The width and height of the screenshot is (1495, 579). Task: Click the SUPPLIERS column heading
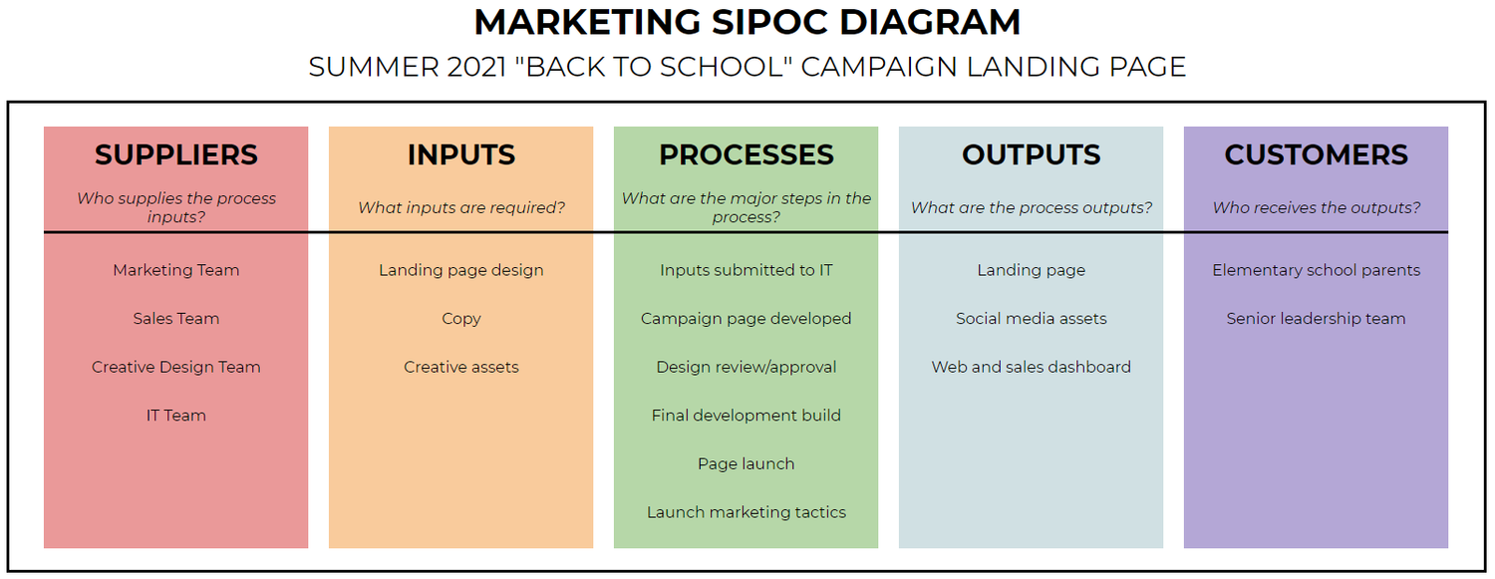176,155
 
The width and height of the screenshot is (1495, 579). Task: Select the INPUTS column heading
461,155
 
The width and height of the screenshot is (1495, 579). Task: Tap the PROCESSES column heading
747,155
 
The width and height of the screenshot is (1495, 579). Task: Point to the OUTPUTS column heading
1032,155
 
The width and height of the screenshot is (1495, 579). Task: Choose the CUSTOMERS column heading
1317,155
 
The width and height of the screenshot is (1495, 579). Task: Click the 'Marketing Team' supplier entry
176,270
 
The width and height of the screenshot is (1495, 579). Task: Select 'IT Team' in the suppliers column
176,416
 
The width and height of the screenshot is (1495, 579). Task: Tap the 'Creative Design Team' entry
176,367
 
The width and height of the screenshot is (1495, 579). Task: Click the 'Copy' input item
461,319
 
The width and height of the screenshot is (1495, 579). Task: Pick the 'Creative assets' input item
461,367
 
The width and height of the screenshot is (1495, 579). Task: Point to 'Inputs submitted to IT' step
747,270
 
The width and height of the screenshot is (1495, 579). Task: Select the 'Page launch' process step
747,463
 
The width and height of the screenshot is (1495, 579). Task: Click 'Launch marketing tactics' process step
747,512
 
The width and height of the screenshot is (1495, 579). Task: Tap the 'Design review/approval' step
747,367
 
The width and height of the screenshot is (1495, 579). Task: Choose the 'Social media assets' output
1032,319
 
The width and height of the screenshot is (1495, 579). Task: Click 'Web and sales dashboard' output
1032,367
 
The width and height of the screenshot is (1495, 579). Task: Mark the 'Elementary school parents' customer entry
1317,270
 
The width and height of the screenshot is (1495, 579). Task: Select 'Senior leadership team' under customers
1317,319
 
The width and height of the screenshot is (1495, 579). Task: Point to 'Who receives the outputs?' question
1317,207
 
